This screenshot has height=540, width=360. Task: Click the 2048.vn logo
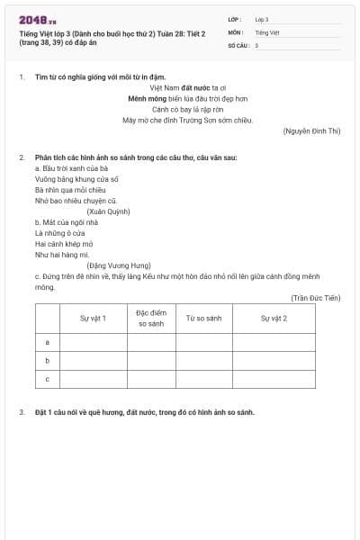click(x=37, y=20)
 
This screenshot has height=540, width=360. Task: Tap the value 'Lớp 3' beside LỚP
click(x=262, y=19)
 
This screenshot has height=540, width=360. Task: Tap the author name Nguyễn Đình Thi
click(x=312, y=131)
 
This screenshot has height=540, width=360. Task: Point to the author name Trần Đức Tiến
click(x=316, y=297)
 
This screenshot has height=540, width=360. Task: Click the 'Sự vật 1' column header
click(x=93, y=318)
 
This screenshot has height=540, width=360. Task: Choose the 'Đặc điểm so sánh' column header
click(x=151, y=317)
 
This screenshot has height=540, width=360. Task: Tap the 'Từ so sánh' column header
click(x=203, y=318)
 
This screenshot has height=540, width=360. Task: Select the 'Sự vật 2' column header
click(x=274, y=318)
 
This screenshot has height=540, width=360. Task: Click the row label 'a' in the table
click(x=47, y=342)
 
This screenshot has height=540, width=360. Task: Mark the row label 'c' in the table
click(x=47, y=379)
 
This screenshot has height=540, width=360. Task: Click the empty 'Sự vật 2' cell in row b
click(x=274, y=360)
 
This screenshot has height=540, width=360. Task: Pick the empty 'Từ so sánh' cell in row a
click(x=203, y=342)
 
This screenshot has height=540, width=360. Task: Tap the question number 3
click(x=22, y=412)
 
